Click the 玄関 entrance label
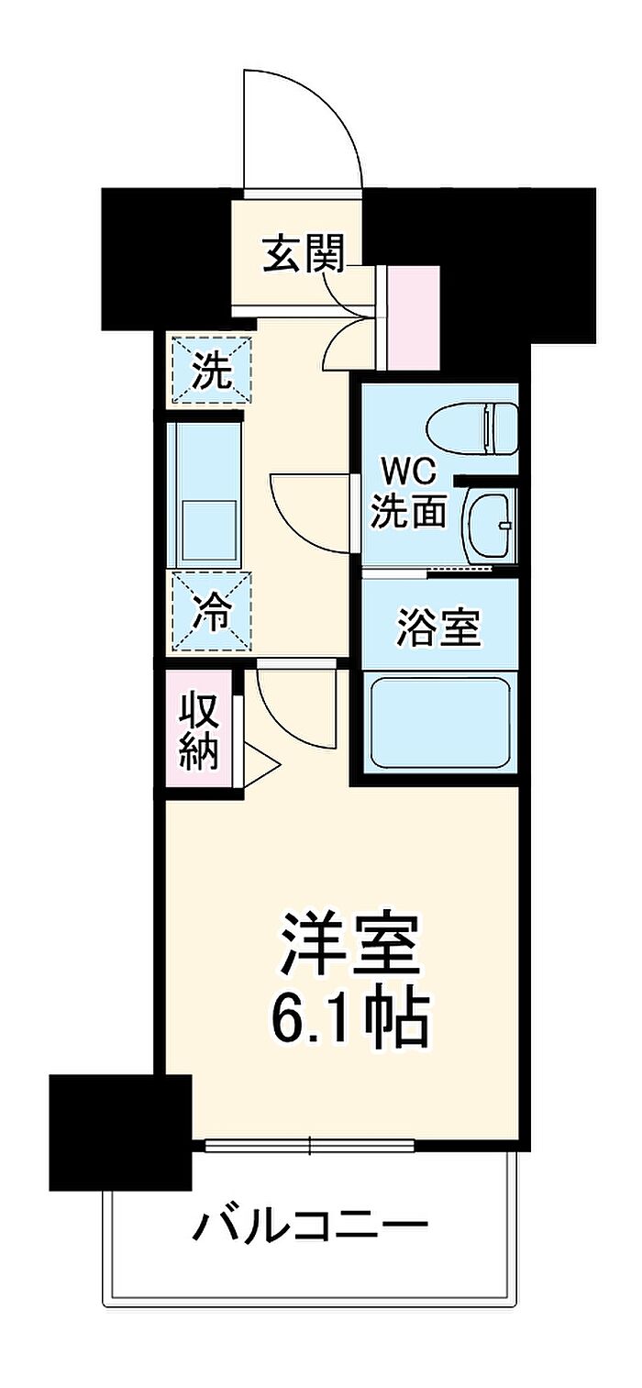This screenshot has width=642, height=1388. [303, 254]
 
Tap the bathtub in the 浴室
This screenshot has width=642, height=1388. [439, 724]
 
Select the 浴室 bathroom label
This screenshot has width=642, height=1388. [439, 627]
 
